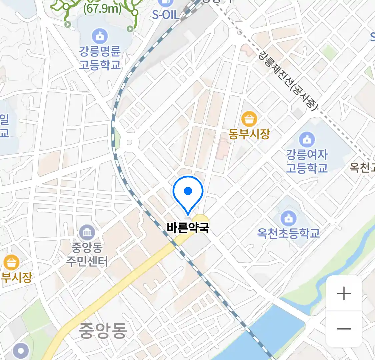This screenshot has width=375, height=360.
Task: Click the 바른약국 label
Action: (x=188, y=228)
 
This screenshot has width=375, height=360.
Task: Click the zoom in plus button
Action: (x=344, y=294)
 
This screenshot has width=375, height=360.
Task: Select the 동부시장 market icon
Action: (x=249, y=119)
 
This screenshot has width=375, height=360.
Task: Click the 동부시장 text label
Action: (x=249, y=134)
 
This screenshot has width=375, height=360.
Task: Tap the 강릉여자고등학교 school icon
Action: (x=307, y=139)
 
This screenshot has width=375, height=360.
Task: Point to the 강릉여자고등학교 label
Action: (x=307, y=161)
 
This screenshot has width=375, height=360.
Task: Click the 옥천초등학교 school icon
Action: (x=289, y=218)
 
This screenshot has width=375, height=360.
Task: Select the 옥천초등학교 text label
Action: (x=289, y=233)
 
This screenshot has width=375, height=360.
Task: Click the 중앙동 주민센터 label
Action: (x=87, y=254)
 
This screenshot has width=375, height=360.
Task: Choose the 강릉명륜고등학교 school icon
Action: (x=99, y=36)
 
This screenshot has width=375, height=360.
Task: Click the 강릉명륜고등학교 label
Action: (x=99, y=58)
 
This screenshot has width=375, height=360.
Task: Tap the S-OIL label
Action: (x=166, y=15)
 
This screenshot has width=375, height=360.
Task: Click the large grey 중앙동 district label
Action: (x=103, y=330)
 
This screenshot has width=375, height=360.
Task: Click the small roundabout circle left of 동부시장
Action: (x=129, y=143)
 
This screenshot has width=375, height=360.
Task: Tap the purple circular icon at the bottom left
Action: (x=21, y=351)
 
